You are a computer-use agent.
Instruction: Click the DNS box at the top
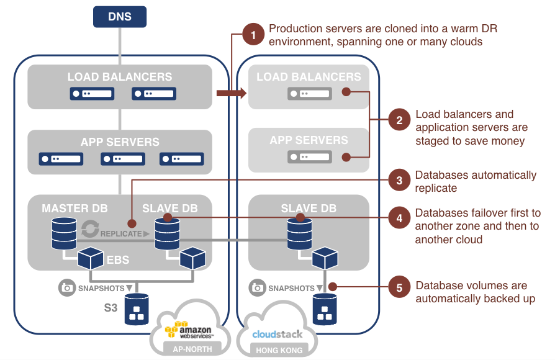tap(120, 17)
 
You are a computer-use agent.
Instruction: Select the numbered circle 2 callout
tap(399, 120)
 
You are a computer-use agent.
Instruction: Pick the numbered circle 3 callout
tap(399, 181)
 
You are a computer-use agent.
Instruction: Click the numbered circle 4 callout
tap(399, 218)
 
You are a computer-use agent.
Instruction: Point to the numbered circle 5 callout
tap(399, 287)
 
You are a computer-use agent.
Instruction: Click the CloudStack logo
tap(277, 334)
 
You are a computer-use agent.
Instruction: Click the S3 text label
tap(111, 307)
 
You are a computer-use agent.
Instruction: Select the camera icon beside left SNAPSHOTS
tap(66, 288)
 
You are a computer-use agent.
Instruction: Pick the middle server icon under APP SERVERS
tap(122, 158)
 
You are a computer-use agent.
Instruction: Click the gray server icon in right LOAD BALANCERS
tap(309, 94)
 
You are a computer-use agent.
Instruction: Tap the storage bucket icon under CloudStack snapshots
tap(324, 309)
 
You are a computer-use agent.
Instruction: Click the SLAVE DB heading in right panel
tap(309, 208)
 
